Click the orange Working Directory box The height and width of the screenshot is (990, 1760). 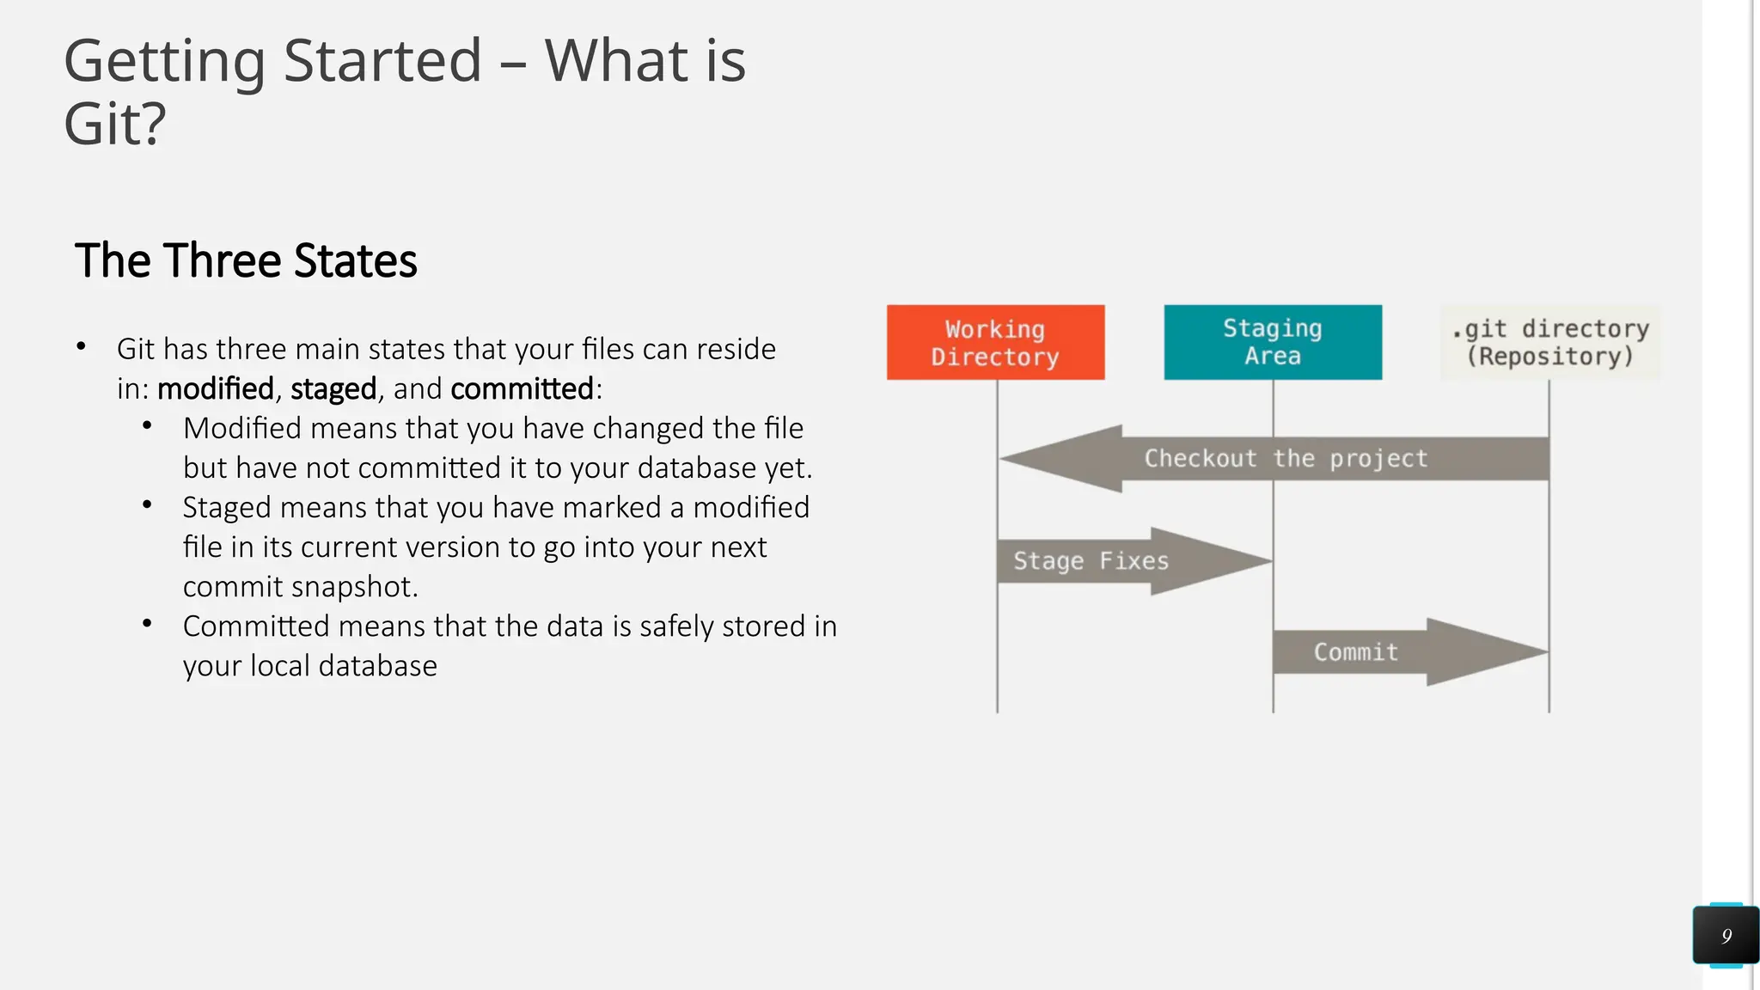pos(995,342)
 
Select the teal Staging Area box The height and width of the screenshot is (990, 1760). pos(1273,342)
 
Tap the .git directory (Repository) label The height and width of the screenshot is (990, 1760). pos(1550,342)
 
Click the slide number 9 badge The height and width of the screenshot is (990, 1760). pos(1726,936)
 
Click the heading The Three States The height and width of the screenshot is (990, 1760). pos(246,260)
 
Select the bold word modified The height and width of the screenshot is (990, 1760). pos(215,389)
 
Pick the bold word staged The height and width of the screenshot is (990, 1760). pos(333,389)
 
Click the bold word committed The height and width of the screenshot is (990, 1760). pos(522,389)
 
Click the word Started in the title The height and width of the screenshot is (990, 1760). pos(382,61)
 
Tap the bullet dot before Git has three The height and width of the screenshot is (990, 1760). pos(81,346)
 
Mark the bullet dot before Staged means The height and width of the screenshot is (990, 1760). pos(147,505)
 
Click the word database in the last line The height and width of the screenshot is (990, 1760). pos(377,666)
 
